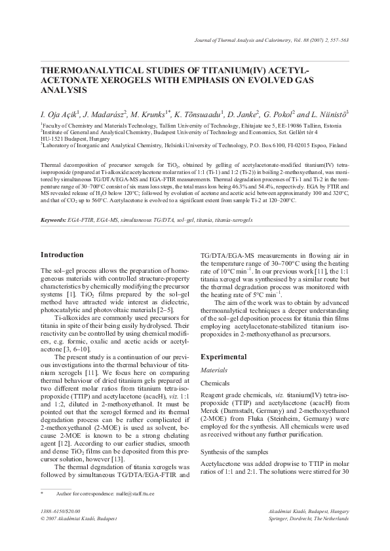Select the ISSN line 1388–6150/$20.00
click(x=60, y=509)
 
